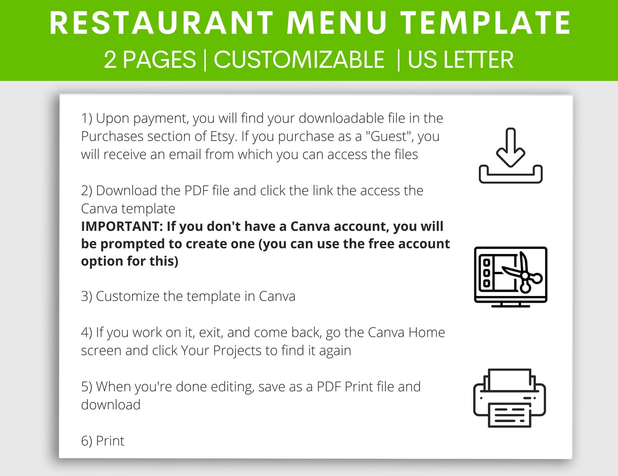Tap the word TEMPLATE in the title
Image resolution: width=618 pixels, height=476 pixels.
tap(486, 23)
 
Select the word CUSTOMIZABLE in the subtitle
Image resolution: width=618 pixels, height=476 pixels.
tap(299, 60)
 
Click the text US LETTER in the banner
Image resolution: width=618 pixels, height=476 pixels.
tap(460, 60)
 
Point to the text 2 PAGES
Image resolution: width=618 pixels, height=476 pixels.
tap(150, 60)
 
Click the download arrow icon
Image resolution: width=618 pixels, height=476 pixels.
tap(511, 155)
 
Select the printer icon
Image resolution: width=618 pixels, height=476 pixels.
tap(509, 398)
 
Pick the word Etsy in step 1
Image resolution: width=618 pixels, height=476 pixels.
tap(223, 136)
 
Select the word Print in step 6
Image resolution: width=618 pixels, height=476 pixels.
tap(110, 441)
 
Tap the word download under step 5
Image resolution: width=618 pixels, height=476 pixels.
tap(111, 405)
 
